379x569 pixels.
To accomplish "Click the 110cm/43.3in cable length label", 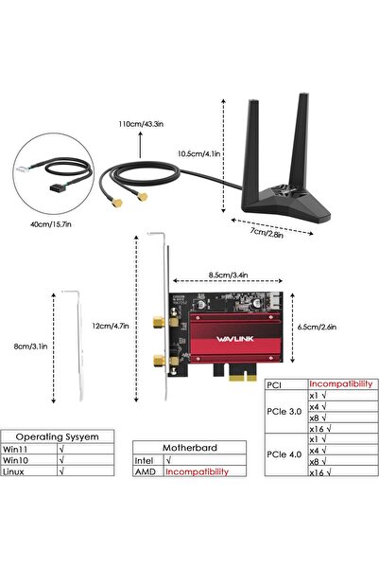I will click(140, 123).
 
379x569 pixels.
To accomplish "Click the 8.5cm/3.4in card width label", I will click(230, 276).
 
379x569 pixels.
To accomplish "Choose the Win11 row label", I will click(19, 451).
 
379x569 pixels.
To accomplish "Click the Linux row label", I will click(16, 471).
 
